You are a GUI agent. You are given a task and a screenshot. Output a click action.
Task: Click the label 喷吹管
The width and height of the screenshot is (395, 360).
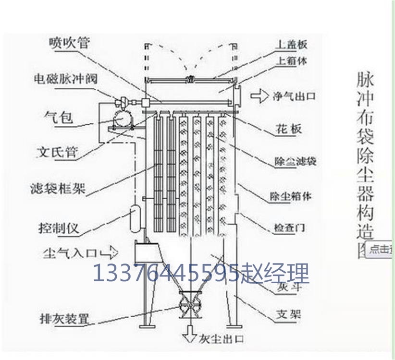click(69, 43)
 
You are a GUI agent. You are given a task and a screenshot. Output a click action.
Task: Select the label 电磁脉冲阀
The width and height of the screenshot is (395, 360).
click(65, 78)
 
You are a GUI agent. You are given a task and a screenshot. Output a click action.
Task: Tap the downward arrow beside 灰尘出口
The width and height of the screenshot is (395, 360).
click(189, 331)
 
